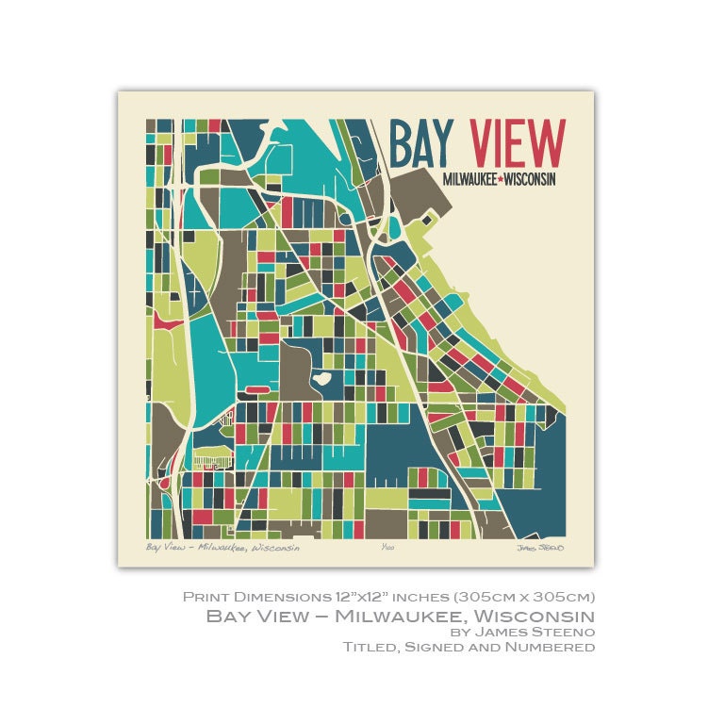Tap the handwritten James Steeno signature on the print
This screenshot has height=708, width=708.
point(539,548)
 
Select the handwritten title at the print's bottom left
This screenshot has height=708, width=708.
point(222,547)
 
